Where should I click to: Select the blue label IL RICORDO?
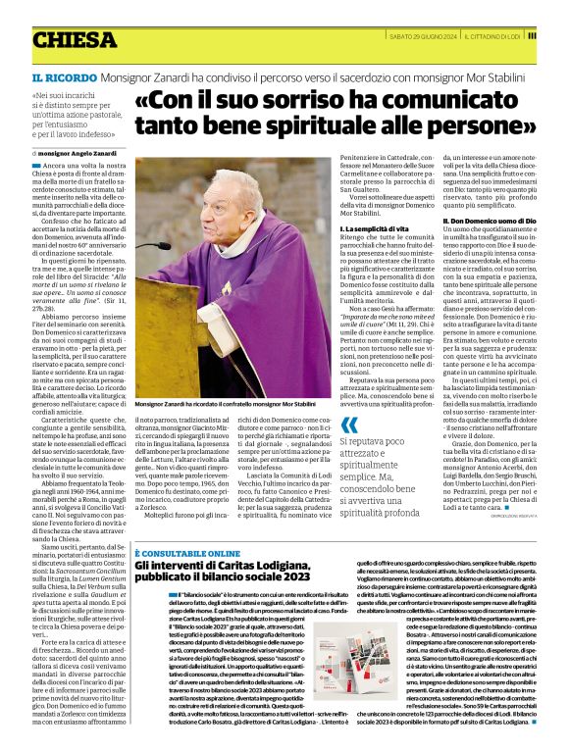[61, 76]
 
